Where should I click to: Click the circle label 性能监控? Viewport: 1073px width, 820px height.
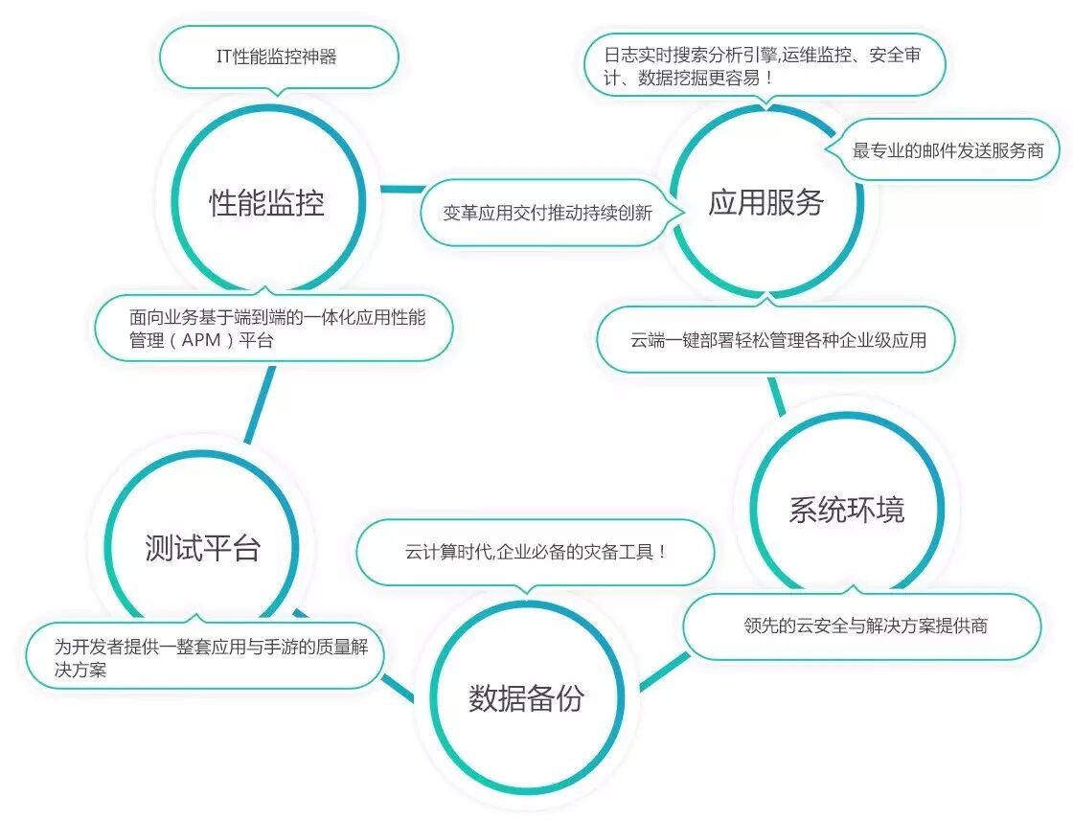[x=267, y=203]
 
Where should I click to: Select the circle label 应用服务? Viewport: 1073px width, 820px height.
[x=766, y=202]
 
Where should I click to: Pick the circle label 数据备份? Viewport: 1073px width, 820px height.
[x=526, y=698]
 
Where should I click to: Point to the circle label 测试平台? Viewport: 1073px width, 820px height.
[x=203, y=549]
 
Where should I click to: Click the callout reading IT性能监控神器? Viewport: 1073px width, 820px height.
[x=277, y=57]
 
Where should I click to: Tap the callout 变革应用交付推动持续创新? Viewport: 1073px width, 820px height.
[x=548, y=213]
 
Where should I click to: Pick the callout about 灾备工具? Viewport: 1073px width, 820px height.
[x=536, y=553]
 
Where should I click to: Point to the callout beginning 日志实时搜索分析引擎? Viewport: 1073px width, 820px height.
[x=765, y=64]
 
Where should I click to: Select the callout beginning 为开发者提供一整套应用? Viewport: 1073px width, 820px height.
[x=205, y=656]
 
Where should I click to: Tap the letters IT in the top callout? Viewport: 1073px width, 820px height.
[x=224, y=57]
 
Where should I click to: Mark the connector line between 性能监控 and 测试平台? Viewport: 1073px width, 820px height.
[x=261, y=402]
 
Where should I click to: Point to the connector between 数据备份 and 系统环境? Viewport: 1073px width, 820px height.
[x=663, y=672]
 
